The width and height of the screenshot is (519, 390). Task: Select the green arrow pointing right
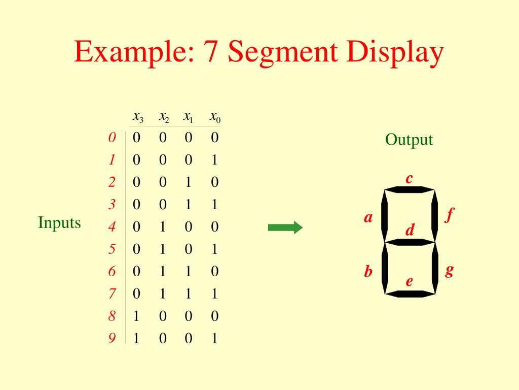285,228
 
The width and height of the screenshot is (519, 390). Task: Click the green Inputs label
59,223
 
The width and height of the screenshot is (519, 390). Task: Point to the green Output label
409,140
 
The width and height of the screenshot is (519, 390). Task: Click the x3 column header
137,117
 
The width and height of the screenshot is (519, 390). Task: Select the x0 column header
215,117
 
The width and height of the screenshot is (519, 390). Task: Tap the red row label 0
112,138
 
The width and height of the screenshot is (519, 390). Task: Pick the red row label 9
112,339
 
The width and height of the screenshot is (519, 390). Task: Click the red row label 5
112,249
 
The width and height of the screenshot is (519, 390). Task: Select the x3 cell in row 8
136,316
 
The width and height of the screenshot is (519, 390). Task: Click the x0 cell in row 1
214,160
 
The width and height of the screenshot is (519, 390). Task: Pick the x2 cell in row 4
163,227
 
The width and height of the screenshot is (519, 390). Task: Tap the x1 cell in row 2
189,182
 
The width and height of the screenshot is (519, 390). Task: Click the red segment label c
409,179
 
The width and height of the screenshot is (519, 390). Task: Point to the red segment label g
449,270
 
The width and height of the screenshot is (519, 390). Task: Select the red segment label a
368,218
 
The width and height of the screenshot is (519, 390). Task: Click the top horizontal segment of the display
409,190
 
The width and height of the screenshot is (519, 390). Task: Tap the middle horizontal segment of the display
409,242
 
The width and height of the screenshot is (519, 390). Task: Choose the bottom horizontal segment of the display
409,294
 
